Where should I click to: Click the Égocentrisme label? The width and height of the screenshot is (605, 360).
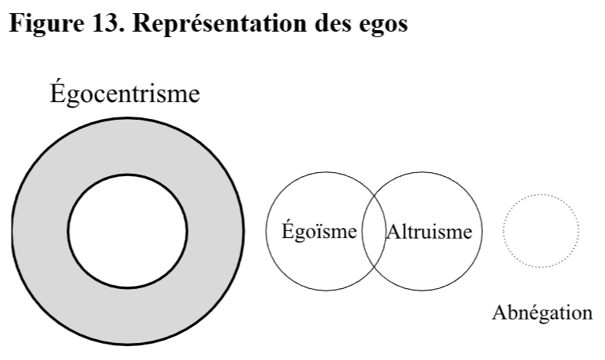click(x=125, y=95)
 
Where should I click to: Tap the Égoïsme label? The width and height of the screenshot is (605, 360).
click(x=318, y=231)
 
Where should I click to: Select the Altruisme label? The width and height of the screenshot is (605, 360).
click(x=427, y=231)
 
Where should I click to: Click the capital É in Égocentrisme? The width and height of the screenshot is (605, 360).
click(x=57, y=93)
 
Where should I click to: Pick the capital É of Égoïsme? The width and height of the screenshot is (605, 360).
click(x=287, y=229)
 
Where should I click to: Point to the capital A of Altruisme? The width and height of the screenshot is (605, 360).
click(x=390, y=231)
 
